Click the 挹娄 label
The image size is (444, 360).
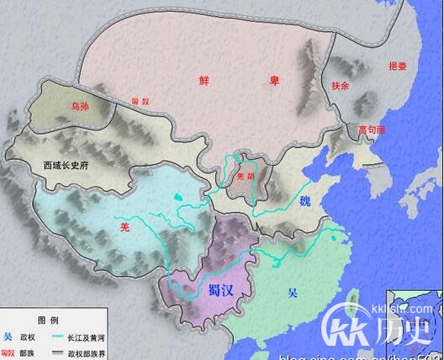[397, 66]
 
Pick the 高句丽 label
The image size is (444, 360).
[371, 130]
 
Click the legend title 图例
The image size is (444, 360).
[47, 320]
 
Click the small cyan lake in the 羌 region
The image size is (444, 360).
[178, 198]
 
